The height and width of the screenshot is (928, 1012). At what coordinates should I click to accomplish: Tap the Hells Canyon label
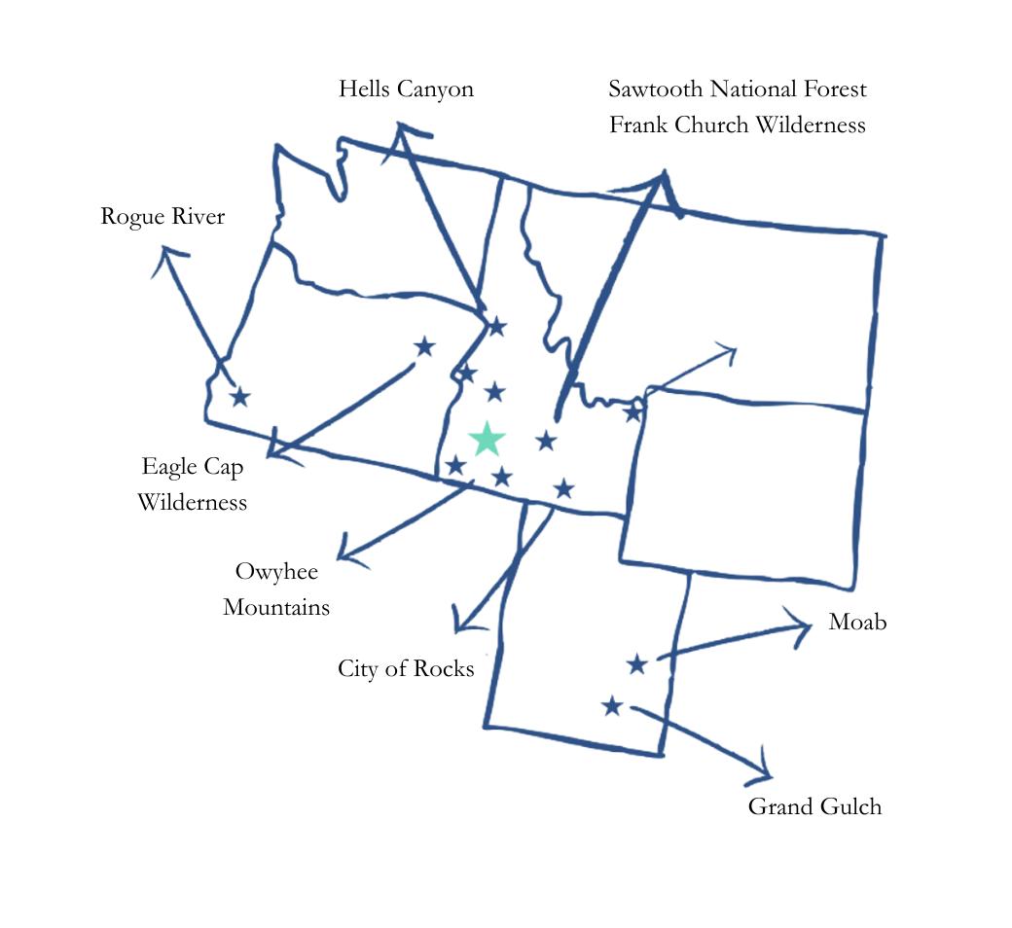click(x=406, y=89)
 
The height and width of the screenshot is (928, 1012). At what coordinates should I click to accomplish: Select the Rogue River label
click(x=163, y=216)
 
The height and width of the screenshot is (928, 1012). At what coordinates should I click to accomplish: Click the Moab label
click(x=857, y=623)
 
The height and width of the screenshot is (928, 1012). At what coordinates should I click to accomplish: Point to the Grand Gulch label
click(x=814, y=806)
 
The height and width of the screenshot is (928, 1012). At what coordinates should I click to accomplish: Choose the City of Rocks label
click(x=406, y=668)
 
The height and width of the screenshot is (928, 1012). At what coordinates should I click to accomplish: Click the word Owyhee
click(x=276, y=571)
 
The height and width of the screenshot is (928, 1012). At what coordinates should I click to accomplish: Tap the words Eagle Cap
click(x=192, y=466)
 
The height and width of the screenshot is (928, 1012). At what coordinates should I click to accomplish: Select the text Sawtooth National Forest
click(x=737, y=89)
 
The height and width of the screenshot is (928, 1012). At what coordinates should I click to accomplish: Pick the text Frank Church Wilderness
click(x=737, y=125)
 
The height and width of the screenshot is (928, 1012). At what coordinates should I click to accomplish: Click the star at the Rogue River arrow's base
click(x=239, y=397)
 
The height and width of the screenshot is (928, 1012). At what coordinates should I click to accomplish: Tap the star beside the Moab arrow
click(x=636, y=664)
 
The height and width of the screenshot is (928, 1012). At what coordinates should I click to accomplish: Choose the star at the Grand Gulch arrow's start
click(x=611, y=706)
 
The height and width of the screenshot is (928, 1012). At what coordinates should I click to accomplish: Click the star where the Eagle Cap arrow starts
click(x=424, y=346)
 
